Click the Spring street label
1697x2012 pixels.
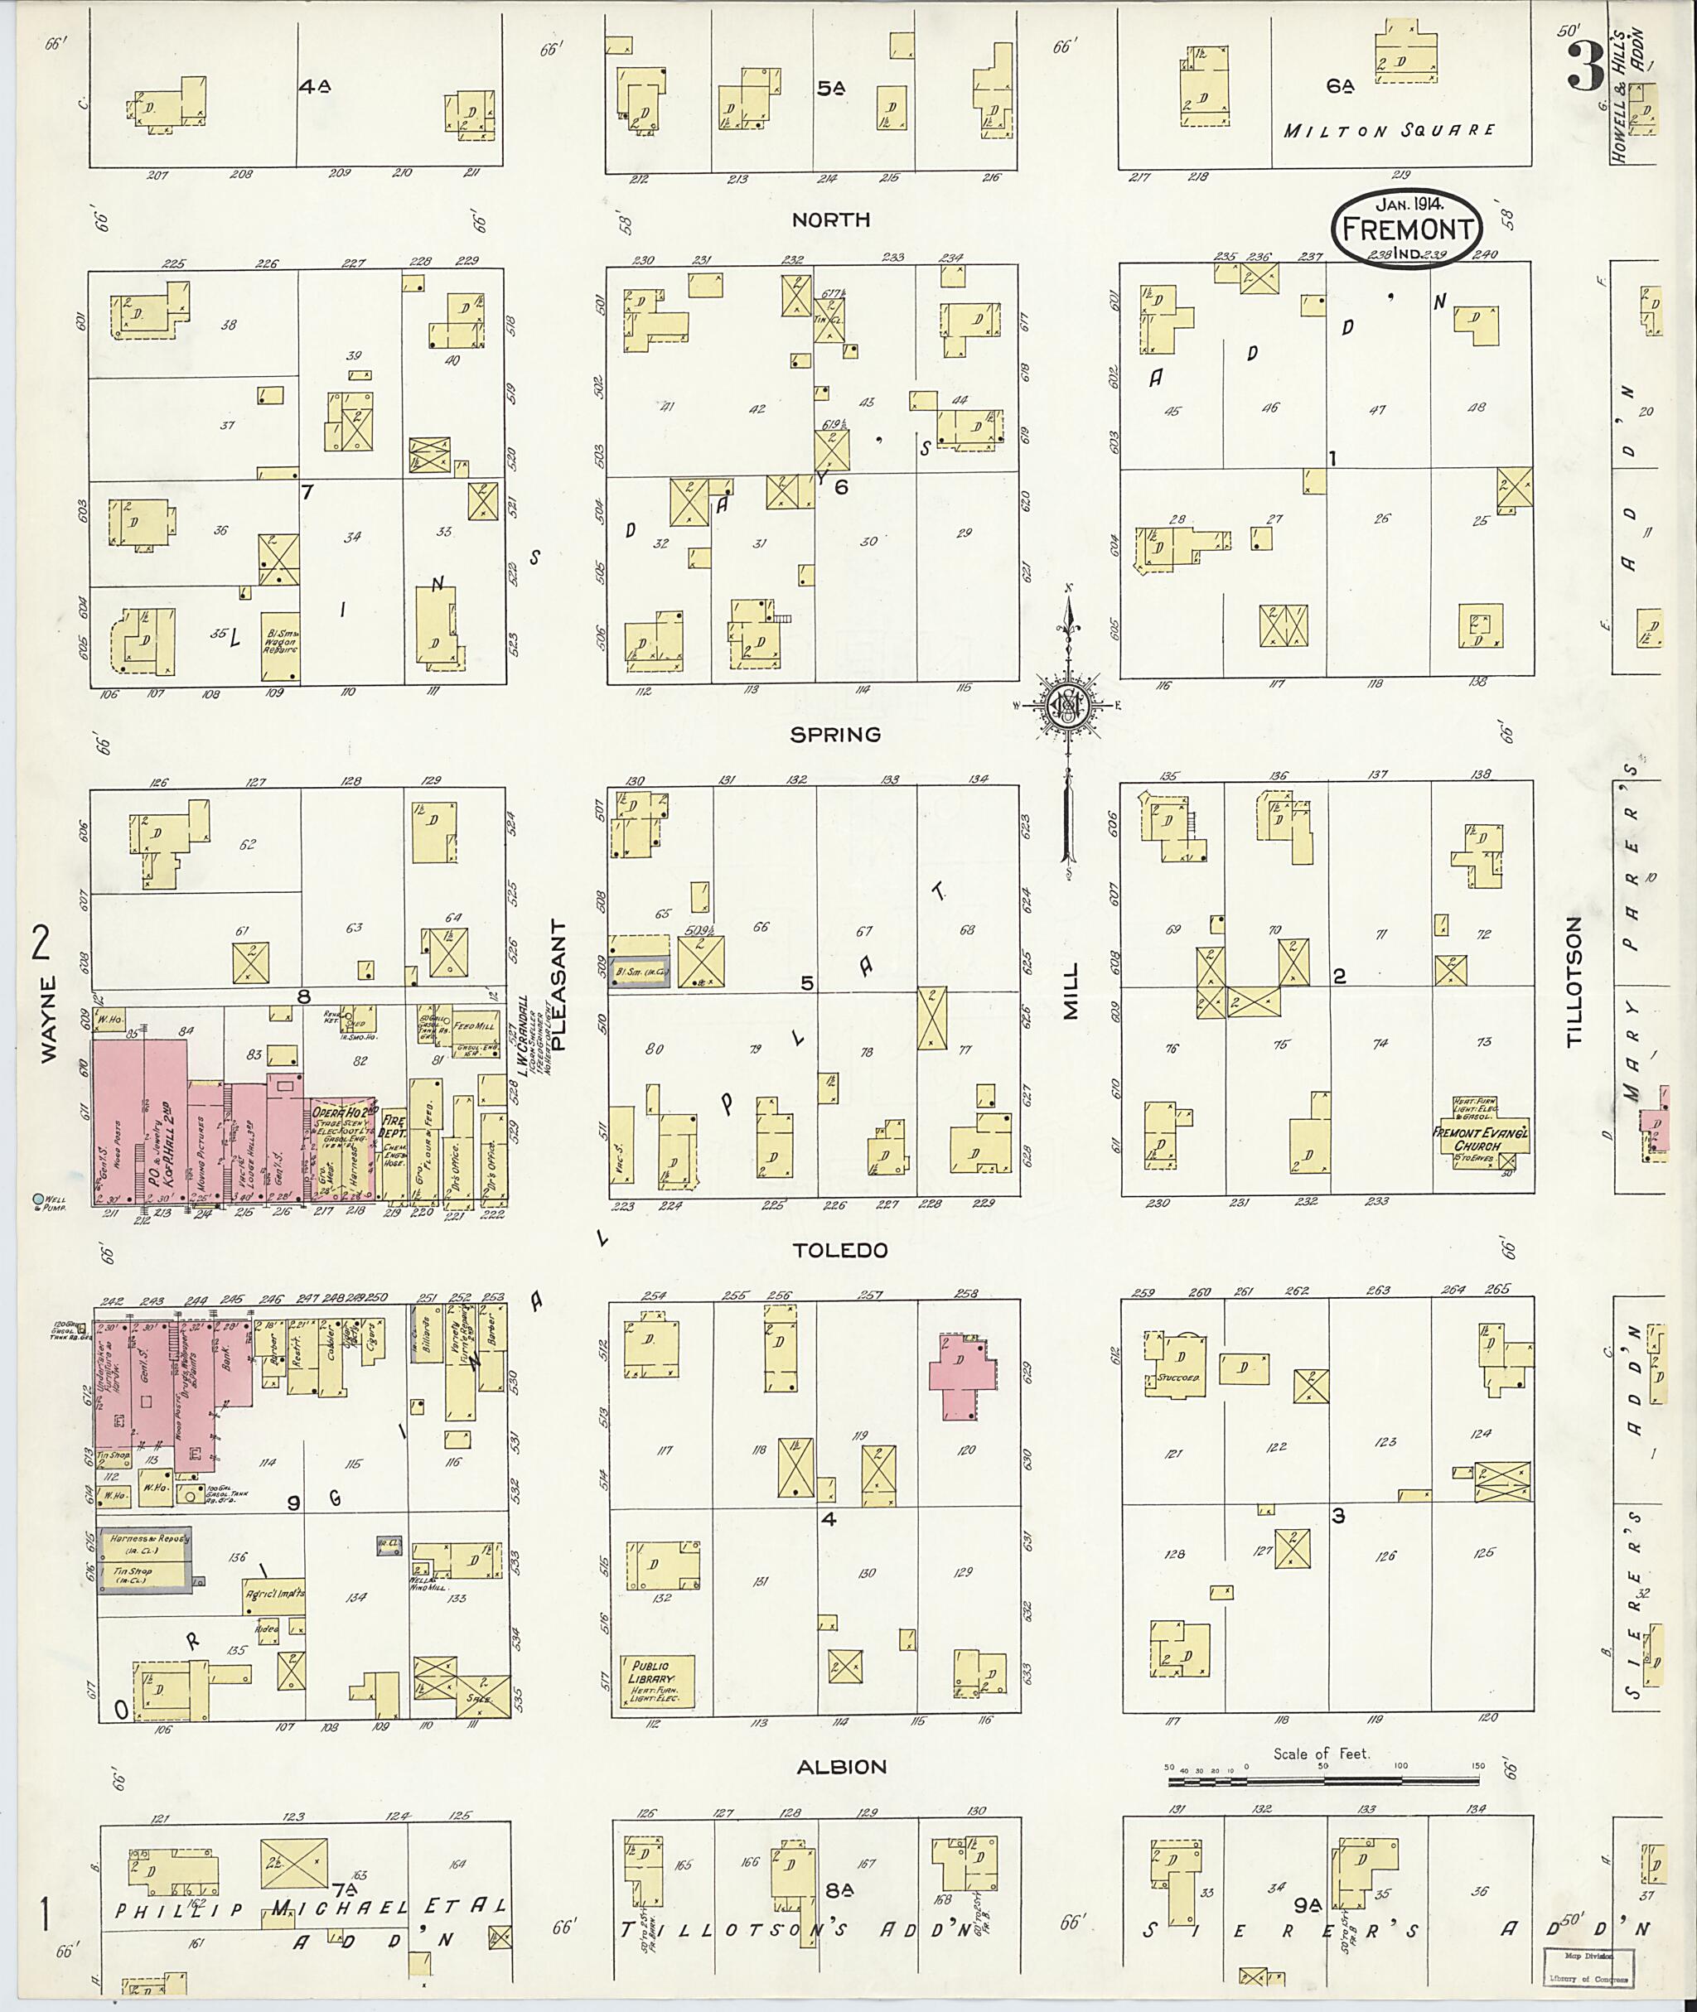(x=835, y=735)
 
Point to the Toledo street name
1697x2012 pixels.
(x=839, y=1250)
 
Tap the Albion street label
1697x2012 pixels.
(x=842, y=1767)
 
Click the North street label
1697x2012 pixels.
(x=831, y=220)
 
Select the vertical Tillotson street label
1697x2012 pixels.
(x=1574, y=981)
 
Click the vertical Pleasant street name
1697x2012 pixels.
(x=561, y=984)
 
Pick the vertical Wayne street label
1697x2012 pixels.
(x=50, y=1019)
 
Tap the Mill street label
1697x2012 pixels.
(x=1071, y=991)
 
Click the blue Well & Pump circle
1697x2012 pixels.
(x=38, y=1199)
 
